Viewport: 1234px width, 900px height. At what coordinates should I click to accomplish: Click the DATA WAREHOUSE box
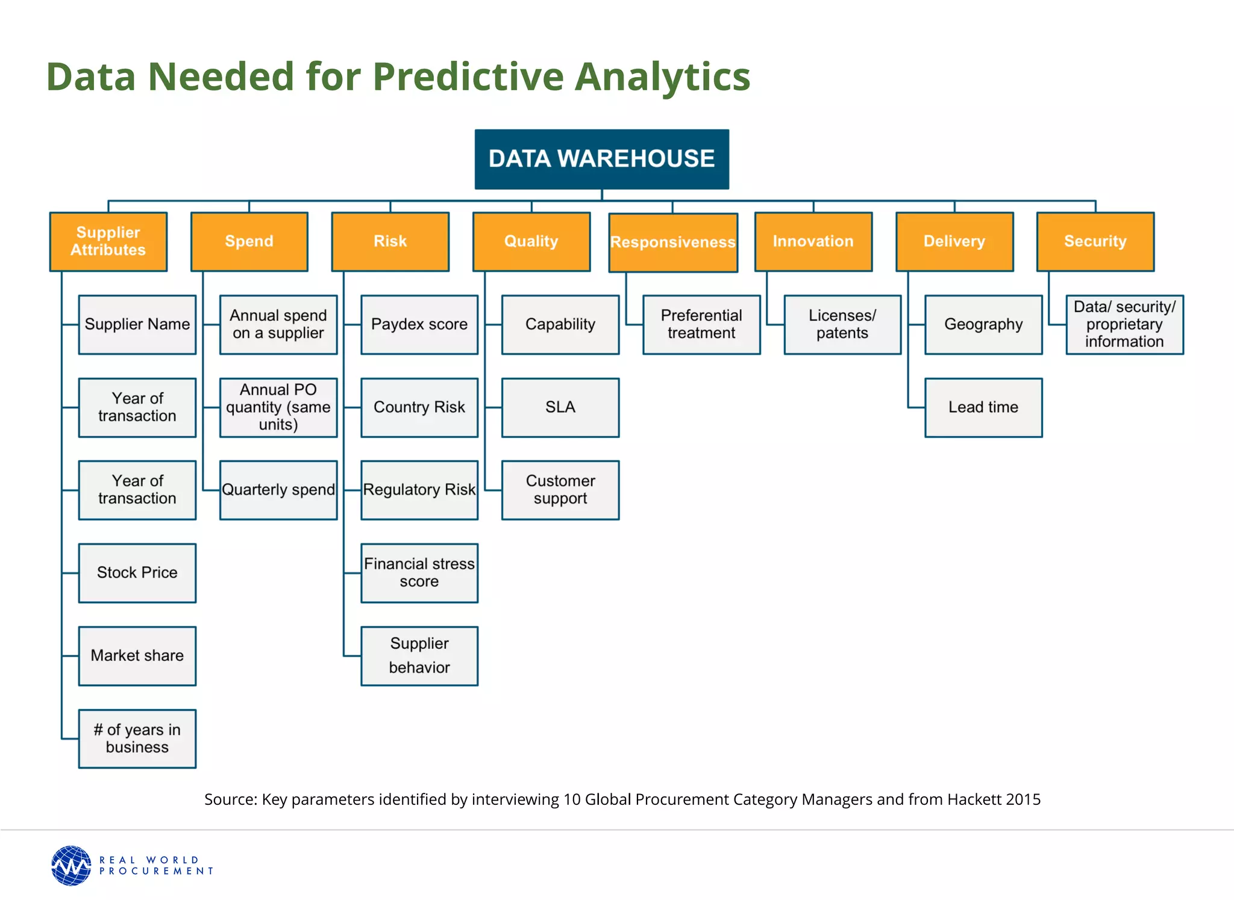601,159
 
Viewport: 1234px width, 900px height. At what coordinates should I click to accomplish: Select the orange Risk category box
390,242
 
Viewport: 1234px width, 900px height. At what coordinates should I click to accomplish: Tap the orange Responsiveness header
672,242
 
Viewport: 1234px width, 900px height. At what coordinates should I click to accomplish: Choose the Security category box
1095,242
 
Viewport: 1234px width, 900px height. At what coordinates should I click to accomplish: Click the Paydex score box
419,324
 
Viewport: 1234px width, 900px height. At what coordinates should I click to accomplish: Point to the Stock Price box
137,573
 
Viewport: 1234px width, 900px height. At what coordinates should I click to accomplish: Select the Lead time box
983,407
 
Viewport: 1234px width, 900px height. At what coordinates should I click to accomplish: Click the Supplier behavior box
419,655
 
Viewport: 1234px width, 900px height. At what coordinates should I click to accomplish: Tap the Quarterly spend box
278,490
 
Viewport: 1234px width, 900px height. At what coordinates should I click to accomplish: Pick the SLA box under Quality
560,407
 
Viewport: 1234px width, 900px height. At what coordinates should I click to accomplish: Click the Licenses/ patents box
842,324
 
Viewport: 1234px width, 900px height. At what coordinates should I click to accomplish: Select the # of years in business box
137,738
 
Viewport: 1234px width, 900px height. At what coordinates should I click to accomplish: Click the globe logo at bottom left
71,865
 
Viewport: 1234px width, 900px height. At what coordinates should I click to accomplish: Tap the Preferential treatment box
701,324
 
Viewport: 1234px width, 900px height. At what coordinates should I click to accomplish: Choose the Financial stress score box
419,573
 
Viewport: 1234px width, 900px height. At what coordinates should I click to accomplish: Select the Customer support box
560,490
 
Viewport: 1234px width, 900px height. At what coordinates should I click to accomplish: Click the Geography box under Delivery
983,324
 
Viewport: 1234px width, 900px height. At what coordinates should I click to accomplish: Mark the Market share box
137,655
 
